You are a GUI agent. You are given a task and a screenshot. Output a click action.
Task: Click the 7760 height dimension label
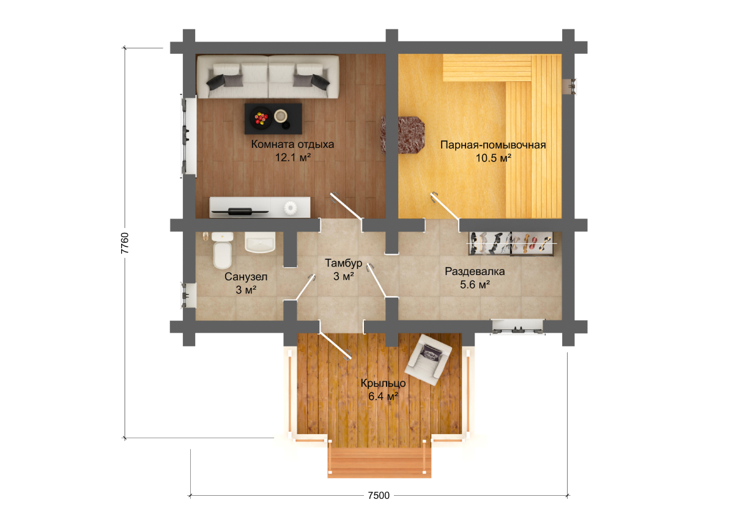click(125, 243)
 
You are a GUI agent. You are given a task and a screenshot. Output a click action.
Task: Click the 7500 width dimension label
click(379, 495)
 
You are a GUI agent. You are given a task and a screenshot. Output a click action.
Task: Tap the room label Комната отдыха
click(292, 144)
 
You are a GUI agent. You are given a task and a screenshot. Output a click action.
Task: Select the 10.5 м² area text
click(493, 158)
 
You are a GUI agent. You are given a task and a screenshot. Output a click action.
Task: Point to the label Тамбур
click(343, 263)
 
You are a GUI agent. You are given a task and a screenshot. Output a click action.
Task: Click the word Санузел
click(246, 277)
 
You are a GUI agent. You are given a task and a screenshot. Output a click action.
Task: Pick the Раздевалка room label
click(475, 271)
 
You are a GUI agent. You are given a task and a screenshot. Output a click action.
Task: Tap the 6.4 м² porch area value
click(383, 397)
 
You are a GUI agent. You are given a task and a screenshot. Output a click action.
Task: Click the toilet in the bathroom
click(222, 250)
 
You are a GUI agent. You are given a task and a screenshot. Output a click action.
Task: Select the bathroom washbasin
click(260, 242)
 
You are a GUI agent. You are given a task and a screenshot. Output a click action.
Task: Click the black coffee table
click(273, 119)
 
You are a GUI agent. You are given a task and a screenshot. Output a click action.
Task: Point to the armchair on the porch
click(428, 359)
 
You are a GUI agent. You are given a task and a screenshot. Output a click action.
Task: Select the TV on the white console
click(240, 211)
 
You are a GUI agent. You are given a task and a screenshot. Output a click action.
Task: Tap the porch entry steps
click(379, 463)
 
